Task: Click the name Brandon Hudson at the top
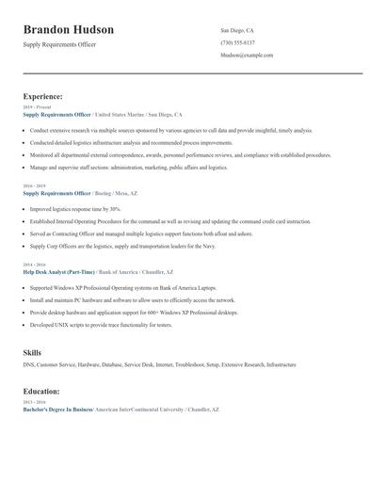68,30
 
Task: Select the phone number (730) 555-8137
237,42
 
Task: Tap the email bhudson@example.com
247,56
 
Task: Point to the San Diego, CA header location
236,30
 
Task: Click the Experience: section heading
42,96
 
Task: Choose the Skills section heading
32,352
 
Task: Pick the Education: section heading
42,391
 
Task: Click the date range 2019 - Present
37,107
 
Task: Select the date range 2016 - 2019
35,186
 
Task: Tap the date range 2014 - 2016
35,266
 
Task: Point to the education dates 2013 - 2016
35,403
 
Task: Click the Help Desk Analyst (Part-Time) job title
58,272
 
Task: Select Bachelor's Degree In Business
57,410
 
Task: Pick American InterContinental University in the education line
138,410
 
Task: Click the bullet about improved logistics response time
75,209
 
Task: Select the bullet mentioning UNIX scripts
101,325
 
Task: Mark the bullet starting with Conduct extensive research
170,130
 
